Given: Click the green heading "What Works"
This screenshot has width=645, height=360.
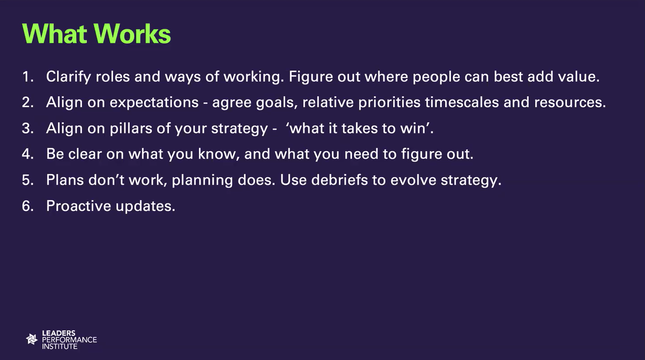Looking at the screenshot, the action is pos(96,34).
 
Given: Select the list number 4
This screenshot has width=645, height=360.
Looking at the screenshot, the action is pos(28,154).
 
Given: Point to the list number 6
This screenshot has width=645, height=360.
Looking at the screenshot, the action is pos(28,206).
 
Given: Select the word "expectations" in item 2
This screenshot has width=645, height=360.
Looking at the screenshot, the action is pos(154,103).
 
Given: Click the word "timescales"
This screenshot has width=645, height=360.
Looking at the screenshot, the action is pos(462,103).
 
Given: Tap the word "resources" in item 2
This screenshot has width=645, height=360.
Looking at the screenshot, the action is pos(568,103).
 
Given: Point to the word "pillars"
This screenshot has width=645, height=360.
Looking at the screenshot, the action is pos(131,129).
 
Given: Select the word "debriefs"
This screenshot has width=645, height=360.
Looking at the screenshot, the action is pos(339,180).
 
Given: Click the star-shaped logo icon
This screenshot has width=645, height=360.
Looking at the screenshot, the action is pos(32,339).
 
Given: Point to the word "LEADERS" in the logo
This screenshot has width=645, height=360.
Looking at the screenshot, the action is pos(59,333).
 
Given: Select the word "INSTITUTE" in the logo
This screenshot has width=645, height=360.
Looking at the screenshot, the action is pos(60,346).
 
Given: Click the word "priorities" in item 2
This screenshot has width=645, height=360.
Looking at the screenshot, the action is pos(389,103).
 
